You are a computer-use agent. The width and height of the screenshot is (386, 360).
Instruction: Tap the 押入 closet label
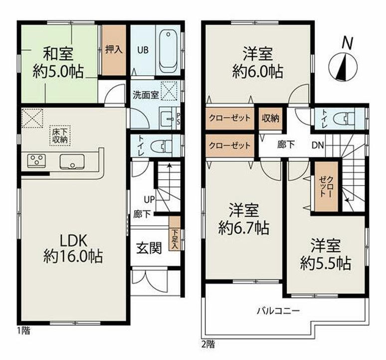point(114,50)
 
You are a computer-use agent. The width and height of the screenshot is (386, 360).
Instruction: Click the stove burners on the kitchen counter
point(36,160)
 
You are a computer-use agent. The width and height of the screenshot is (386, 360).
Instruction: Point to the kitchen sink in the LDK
point(72,162)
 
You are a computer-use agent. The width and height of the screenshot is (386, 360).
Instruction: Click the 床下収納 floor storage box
point(60,135)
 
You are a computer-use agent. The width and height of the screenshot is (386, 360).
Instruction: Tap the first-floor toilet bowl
point(166,146)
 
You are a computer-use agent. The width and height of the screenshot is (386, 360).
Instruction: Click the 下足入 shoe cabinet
point(175,233)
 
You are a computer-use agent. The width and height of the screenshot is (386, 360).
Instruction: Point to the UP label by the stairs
point(149,200)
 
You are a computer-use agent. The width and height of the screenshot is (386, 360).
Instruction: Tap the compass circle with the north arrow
point(343,67)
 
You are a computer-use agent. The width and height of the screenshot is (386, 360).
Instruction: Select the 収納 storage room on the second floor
point(270,118)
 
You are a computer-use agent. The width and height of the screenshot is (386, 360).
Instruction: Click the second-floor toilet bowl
point(344,118)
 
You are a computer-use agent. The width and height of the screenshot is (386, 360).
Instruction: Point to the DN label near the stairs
point(318,145)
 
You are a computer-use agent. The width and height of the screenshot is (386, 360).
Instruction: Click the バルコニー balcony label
point(278,311)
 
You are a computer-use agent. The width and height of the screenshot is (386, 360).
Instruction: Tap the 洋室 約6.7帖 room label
point(243,219)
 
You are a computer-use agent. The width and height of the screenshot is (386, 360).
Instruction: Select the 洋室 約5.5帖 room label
point(326,254)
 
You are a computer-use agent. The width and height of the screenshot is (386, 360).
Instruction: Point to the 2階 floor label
point(208,344)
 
